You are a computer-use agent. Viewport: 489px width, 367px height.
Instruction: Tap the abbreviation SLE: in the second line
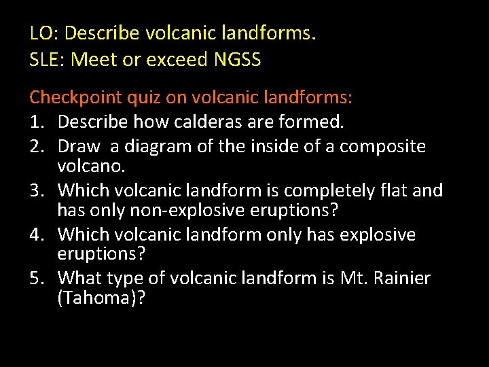click(48, 60)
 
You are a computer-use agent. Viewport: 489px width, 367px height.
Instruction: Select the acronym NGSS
click(237, 60)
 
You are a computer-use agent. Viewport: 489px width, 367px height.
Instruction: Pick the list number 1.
click(37, 123)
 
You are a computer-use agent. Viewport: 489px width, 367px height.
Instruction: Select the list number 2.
click(37, 146)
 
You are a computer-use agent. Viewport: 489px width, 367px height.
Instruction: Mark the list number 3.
click(37, 190)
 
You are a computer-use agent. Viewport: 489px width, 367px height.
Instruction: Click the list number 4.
click(37, 234)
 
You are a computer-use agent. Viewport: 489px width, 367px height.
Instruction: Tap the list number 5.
click(37, 279)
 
